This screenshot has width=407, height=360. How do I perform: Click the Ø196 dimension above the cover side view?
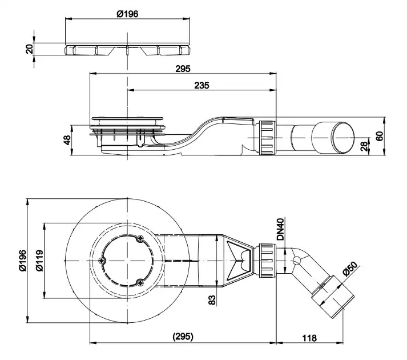pos(128,14)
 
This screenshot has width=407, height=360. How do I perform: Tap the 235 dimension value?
pos(202,85)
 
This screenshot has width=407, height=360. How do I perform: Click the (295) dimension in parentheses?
pos(183,337)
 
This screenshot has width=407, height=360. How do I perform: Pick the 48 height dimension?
pos(67,140)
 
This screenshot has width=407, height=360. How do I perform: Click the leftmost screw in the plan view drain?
pos(102,261)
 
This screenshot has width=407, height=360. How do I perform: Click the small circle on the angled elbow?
pos(296,261)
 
